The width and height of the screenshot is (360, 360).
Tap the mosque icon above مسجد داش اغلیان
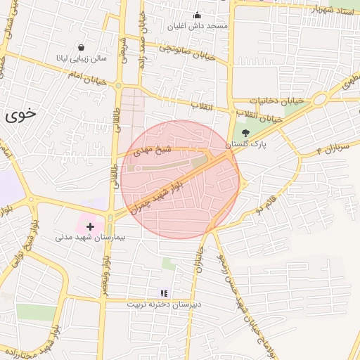click(197, 15)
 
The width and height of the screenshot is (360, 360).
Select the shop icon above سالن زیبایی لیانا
click(82, 47)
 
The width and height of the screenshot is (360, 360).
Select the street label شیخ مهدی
click(153, 150)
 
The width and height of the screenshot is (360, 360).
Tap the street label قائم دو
click(273, 205)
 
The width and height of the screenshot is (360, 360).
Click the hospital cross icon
click(90, 226)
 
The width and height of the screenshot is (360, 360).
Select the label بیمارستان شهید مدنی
click(90, 238)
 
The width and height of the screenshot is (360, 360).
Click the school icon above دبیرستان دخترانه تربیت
click(164, 293)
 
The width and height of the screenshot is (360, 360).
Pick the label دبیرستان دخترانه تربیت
click(164, 304)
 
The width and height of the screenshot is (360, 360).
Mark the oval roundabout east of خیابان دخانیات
click(321, 98)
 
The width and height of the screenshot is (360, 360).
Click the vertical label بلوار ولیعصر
click(104, 271)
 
